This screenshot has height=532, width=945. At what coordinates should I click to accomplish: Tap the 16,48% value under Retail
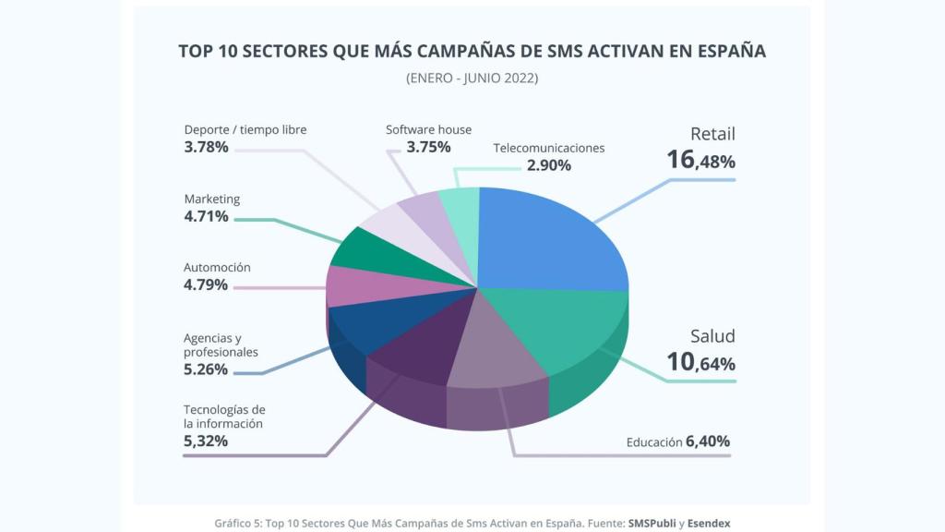pyautogui.click(x=700, y=161)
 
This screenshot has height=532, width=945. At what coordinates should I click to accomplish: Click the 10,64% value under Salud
pyautogui.click(x=700, y=363)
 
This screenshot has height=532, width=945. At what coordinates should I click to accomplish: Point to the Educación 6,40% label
pyautogui.click(x=677, y=441)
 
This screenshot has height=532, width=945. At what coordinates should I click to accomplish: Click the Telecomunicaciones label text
pyautogui.click(x=548, y=148)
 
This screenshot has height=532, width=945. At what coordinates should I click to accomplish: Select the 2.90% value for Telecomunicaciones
pyautogui.click(x=548, y=166)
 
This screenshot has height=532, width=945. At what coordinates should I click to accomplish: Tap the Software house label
pyautogui.click(x=428, y=130)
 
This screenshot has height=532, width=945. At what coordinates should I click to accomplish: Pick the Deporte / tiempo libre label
pyautogui.click(x=245, y=129)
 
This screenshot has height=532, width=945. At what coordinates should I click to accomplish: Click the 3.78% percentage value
pyautogui.click(x=206, y=147)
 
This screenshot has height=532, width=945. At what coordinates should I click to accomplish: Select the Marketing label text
pyautogui.click(x=211, y=199)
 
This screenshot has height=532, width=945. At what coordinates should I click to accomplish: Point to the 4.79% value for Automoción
pyautogui.click(x=206, y=284)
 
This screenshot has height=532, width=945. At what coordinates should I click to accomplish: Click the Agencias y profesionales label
pyautogui.click(x=221, y=345)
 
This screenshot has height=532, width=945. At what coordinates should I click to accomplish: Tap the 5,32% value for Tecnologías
pyautogui.click(x=206, y=441)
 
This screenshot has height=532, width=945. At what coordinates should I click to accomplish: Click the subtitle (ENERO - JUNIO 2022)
pyautogui.click(x=472, y=79)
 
